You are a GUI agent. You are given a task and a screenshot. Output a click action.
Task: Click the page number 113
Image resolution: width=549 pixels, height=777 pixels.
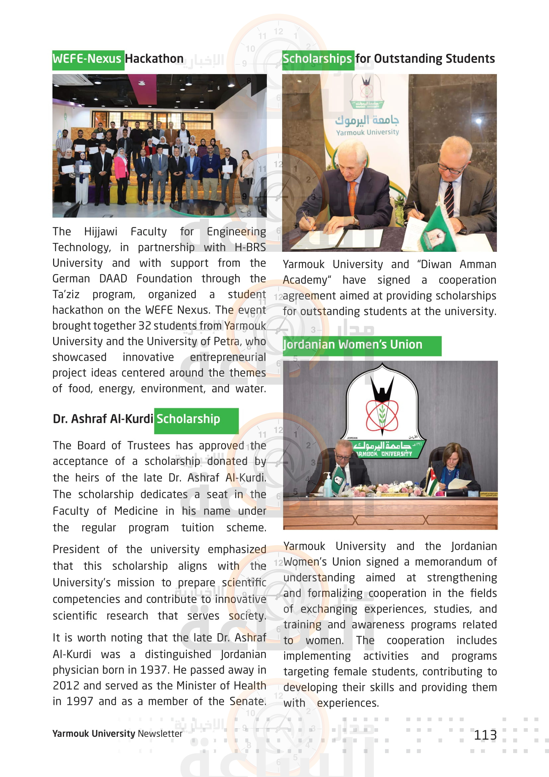[x=485, y=735]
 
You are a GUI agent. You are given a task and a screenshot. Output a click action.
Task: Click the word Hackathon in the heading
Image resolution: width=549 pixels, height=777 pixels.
[x=154, y=59]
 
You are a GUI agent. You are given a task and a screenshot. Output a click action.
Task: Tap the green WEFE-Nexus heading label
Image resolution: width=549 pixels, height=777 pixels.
[x=87, y=59]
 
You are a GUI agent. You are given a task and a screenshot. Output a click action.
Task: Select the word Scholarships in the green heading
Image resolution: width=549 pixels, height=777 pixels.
[x=317, y=59]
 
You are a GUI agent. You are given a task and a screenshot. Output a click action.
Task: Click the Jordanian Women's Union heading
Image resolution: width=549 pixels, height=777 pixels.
[x=353, y=345]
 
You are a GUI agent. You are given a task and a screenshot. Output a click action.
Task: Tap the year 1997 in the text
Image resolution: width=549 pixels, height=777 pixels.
[x=79, y=701]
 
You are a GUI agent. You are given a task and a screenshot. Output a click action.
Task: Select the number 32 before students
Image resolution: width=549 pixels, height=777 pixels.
[x=144, y=326]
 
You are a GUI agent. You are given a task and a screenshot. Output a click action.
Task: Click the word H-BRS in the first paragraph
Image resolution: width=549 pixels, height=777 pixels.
[x=250, y=247]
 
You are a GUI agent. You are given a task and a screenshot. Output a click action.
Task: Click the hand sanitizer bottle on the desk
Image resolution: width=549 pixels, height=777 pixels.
[x=327, y=485]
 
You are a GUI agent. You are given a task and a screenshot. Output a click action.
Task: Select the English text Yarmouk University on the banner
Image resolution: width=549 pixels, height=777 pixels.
[x=367, y=132]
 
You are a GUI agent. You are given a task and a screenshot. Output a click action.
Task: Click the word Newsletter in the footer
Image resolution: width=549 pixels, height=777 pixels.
[x=160, y=734]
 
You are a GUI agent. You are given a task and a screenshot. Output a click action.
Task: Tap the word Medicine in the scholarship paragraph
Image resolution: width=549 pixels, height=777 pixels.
[x=136, y=511]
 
